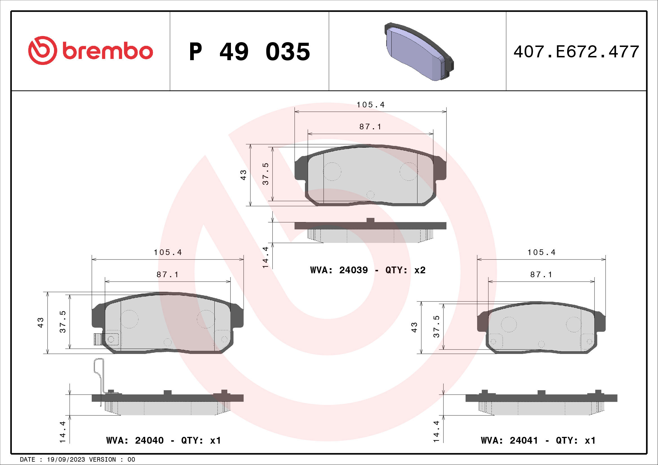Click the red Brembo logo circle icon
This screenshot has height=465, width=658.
(x=42, y=50)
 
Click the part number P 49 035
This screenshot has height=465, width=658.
(x=249, y=52)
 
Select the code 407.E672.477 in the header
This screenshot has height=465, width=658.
(x=576, y=52)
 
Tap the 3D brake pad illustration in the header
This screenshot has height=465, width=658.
(x=418, y=51)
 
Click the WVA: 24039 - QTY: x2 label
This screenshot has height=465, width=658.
(x=368, y=270)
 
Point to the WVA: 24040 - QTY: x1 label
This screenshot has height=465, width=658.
(x=163, y=440)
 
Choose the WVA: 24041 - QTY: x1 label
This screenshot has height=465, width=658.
(x=538, y=440)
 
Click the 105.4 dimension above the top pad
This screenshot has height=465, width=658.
(x=370, y=105)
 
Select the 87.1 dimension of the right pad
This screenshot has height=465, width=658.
(x=541, y=275)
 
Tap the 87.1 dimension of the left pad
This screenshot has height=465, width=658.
(x=167, y=275)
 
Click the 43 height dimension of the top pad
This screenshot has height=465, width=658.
(x=243, y=175)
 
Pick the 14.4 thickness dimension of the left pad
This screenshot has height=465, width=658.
(x=62, y=432)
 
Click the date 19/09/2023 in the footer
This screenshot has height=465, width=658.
(x=66, y=459)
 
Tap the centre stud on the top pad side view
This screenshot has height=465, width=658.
(x=370, y=221)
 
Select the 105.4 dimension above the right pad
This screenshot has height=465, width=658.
(x=541, y=252)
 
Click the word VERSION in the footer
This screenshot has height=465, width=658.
(x=102, y=459)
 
